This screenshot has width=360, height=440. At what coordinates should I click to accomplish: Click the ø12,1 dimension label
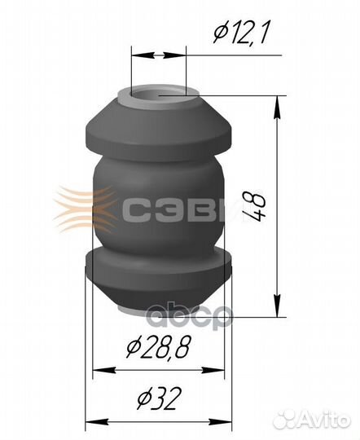pyautogui.click(x=241, y=33)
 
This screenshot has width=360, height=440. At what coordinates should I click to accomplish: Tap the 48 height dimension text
pyautogui.click(x=253, y=207)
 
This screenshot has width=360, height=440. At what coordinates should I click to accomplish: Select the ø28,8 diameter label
pyautogui.click(x=159, y=347)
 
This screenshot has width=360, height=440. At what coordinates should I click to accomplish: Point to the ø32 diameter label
pyautogui.click(x=157, y=398)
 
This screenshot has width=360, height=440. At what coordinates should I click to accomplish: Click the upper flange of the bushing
pyautogui.click(x=159, y=129)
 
